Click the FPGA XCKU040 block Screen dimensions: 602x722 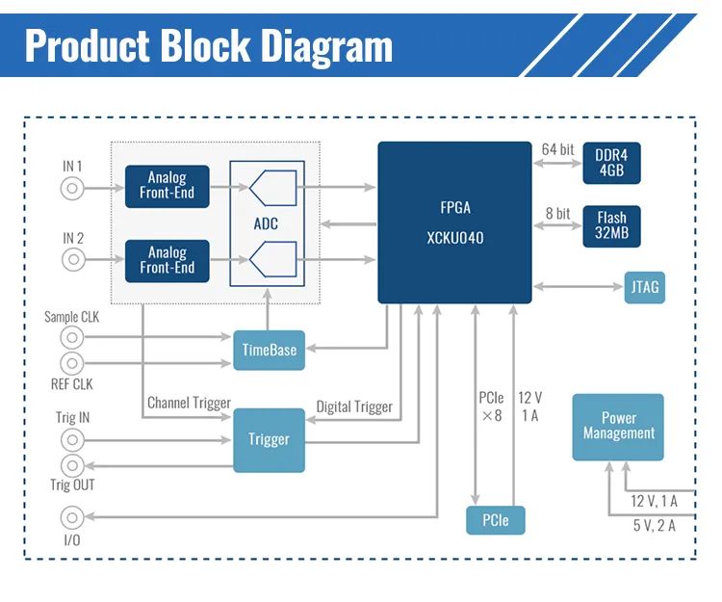click(454, 222)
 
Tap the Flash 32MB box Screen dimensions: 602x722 click(611, 225)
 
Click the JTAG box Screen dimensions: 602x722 click(644, 286)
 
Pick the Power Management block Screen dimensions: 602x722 click(618, 427)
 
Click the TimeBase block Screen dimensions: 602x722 click(270, 351)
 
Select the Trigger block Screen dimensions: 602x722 click(269, 439)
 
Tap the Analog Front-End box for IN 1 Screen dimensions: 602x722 click(167, 186)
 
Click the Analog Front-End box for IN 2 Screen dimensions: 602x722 click(167, 260)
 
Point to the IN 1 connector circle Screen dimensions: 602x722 click(72, 188)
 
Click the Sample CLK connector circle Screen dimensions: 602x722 click(72, 337)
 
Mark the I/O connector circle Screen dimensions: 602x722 click(72, 516)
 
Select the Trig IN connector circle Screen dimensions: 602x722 click(72, 440)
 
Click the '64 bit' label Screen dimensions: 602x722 click(557, 149)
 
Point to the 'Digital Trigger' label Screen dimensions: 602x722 click(354, 407)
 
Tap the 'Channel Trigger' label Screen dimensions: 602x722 click(189, 404)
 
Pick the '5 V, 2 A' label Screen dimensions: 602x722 click(654, 526)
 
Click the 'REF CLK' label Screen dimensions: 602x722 click(71, 385)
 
